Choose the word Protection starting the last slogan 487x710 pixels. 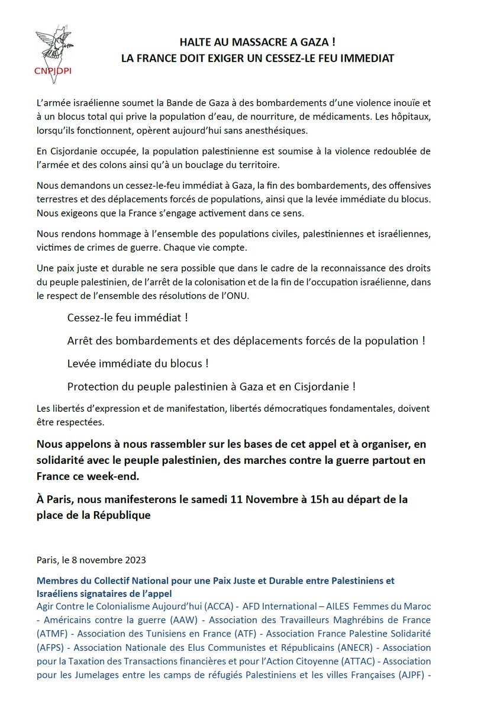coord(94,386)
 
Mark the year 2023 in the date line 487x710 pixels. coord(133,560)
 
